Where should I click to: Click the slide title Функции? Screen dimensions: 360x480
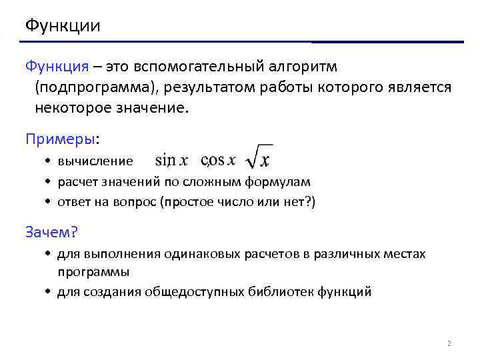pyautogui.click(x=63, y=26)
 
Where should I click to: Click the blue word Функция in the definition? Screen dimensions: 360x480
pyautogui.click(x=57, y=67)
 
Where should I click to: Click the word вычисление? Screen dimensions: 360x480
pyautogui.click(x=95, y=161)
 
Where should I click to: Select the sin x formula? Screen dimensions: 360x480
pyautogui.click(x=171, y=161)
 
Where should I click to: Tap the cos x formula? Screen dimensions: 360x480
pyautogui.click(x=219, y=161)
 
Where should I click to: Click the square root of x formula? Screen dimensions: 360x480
pyautogui.click(x=259, y=157)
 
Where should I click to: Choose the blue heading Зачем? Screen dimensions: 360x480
pyautogui.click(x=51, y=231)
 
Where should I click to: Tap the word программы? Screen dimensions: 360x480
pyautogui.click(x=93, y=271)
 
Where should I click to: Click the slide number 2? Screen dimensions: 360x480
pyautogui.click(x=449, y=344)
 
